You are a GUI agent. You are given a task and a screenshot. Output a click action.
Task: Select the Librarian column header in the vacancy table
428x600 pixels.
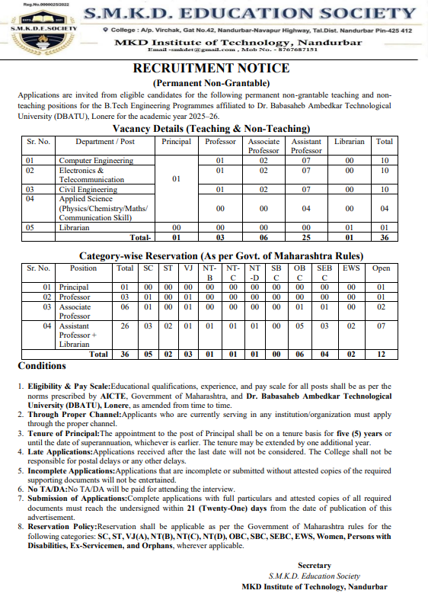pyautogui.click(x=350, y=142)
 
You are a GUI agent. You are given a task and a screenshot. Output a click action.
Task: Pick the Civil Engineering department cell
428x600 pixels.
pyautogui.click(x=88, y=189)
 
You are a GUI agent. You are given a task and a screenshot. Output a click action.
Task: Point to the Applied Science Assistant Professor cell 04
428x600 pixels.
pyautogui.click(x=306, y=208)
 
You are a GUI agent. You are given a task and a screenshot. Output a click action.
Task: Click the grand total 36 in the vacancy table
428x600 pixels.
pyautogui.click(x=385, y=236)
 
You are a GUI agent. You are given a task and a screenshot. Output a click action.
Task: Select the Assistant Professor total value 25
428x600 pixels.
pyautogui.click(x=306, y=236)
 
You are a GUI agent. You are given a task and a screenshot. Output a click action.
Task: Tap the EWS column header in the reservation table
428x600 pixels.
pyautogui.click(x=351, y=268)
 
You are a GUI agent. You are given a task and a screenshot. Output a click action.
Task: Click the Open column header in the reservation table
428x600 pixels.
pyautogui.click(x=381, y=268)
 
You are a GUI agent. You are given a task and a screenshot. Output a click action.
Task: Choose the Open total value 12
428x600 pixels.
pyautogui.click(x=381, y=354)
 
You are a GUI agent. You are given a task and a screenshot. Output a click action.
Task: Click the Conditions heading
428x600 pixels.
pyautogui.click(x=42, y=366)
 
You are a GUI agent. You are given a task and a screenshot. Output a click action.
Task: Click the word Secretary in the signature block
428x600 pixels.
pyautogui.click(x=315, y=565)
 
